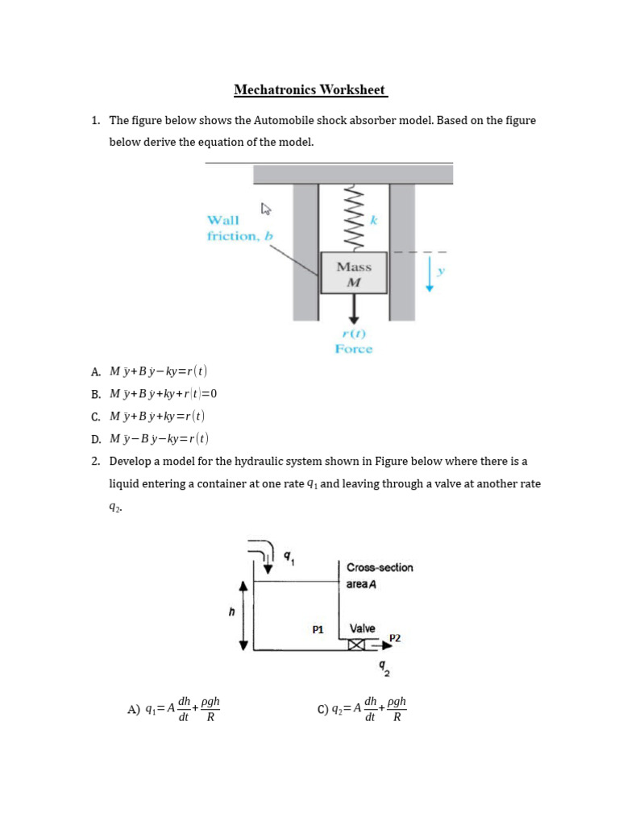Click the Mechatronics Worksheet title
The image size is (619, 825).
coord(310,89)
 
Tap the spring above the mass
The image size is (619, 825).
coord(352,218)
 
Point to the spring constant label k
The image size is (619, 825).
coord(373,219)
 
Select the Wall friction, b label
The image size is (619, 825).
coord(239,228)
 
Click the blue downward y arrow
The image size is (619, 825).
coord(429,274)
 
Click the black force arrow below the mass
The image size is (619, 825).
coord(353,309)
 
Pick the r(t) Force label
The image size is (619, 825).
coord(354,342)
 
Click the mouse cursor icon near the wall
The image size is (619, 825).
coord(265,209)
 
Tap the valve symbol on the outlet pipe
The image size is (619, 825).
coord(357,645)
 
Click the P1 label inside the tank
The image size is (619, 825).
coord(318,629)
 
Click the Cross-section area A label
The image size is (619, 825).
coord(379,575)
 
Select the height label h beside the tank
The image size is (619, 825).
coord(231,612)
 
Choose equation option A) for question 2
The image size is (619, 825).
coord(173,710)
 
